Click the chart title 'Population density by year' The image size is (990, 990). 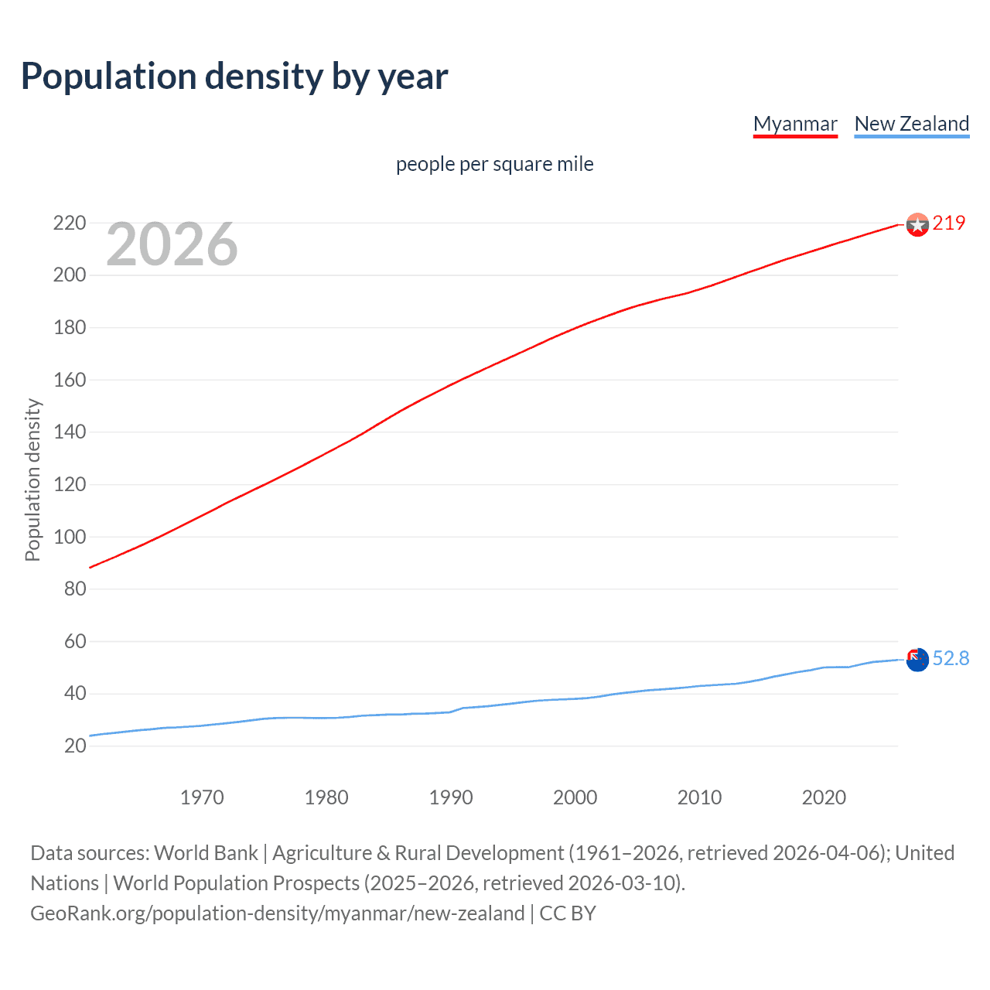pyautogui.click(x=234, y=77)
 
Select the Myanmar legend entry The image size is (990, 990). pyautogui.click(x=795, y=124)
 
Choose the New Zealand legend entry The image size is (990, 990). pyautogui.click(x=911, y=124)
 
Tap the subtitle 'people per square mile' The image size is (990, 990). pyautogui.click(x=494, y=164)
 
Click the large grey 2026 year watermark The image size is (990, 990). pyautogui.click(x=172, y=244)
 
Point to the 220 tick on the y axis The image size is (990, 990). pyautogui.click(x=70, y=224)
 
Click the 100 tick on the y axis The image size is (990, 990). pyautogui.click(x=70, y=537)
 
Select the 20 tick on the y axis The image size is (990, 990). pyautogui.click(x=75, y=746)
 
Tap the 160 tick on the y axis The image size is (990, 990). pyautogui.click(x=70, y=380)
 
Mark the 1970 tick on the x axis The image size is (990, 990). pyautogui.click(x=202, y=797)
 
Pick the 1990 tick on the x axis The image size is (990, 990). pyautogui.click(x=451, y=797)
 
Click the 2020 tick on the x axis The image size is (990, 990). pyautogui.click(x=824, y=797)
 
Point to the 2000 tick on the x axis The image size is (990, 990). pyautogui.click(x=575, y=797)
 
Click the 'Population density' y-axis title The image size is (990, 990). pyautogui.click(x=32, y=480)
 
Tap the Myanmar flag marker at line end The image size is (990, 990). pyautogui.click(x=917, y=225)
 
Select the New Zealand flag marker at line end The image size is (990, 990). pyautogui.click(x=917, y=660)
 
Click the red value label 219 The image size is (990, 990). pyautogui.click(x=949, y=224)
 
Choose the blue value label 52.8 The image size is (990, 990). pyautogui.click(x=951, y=658)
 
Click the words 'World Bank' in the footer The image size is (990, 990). pyautogui.click(x=206, y=853)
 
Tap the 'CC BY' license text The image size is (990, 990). pyautogui.click(x=568, y=913)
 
